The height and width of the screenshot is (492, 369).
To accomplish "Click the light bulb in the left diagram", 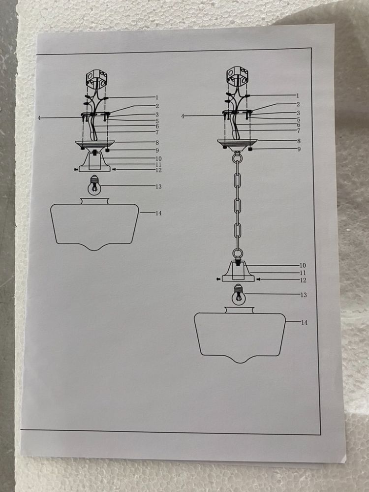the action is click(93, 184).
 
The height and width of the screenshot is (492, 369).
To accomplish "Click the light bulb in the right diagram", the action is click(239, 294).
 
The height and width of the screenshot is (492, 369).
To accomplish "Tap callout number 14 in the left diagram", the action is click(158, 214).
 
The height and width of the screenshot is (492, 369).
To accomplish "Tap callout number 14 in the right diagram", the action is click(305, 322).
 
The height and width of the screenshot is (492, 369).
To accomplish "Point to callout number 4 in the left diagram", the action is click(39, 118).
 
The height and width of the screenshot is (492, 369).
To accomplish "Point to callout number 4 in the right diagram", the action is click(183, 116).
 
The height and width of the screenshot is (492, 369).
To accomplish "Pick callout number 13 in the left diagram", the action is click(158, 186).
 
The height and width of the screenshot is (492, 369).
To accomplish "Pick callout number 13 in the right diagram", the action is click(304, 295).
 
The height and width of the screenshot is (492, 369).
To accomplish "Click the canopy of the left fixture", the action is click(95, 145).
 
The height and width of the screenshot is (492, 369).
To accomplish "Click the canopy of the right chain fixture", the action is click(237, 143).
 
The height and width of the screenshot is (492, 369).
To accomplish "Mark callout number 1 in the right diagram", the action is click(298, 96).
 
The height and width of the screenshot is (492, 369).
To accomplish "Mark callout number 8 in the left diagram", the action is click(157, 143).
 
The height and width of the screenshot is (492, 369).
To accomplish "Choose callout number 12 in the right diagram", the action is click(303, 280).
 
